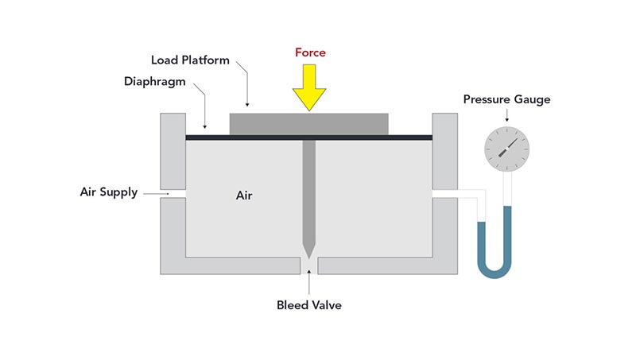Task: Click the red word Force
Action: click(x=309, y=52)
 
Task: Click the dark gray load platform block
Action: click(x=308, y=123)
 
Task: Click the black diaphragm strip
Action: click(x=238, y=137)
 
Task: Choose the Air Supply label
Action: click(x=109, y=192)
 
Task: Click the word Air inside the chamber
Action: click(x=244, y=195)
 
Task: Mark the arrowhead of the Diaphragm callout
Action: click(x=206, y=126)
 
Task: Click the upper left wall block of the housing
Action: click(x=173, y=151)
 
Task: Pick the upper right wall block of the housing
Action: click(x=444, y=151)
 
